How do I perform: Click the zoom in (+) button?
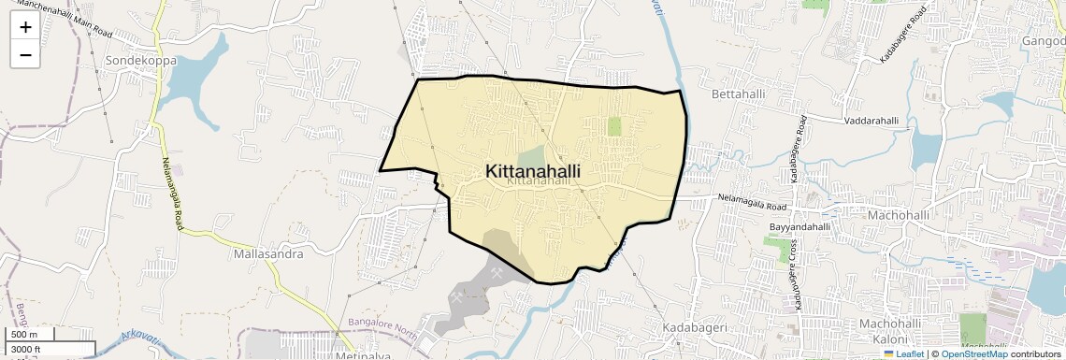point(25,27)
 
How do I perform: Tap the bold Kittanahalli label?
point(533,171)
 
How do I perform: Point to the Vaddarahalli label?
point(871,121)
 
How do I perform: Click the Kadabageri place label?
point(695,328)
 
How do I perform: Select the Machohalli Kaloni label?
point(897,330)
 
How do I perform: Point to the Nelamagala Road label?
point(754,198)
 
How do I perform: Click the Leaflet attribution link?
point(903,353)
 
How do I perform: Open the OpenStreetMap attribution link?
point(973,353)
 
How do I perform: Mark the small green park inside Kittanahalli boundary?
point(614,126)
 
